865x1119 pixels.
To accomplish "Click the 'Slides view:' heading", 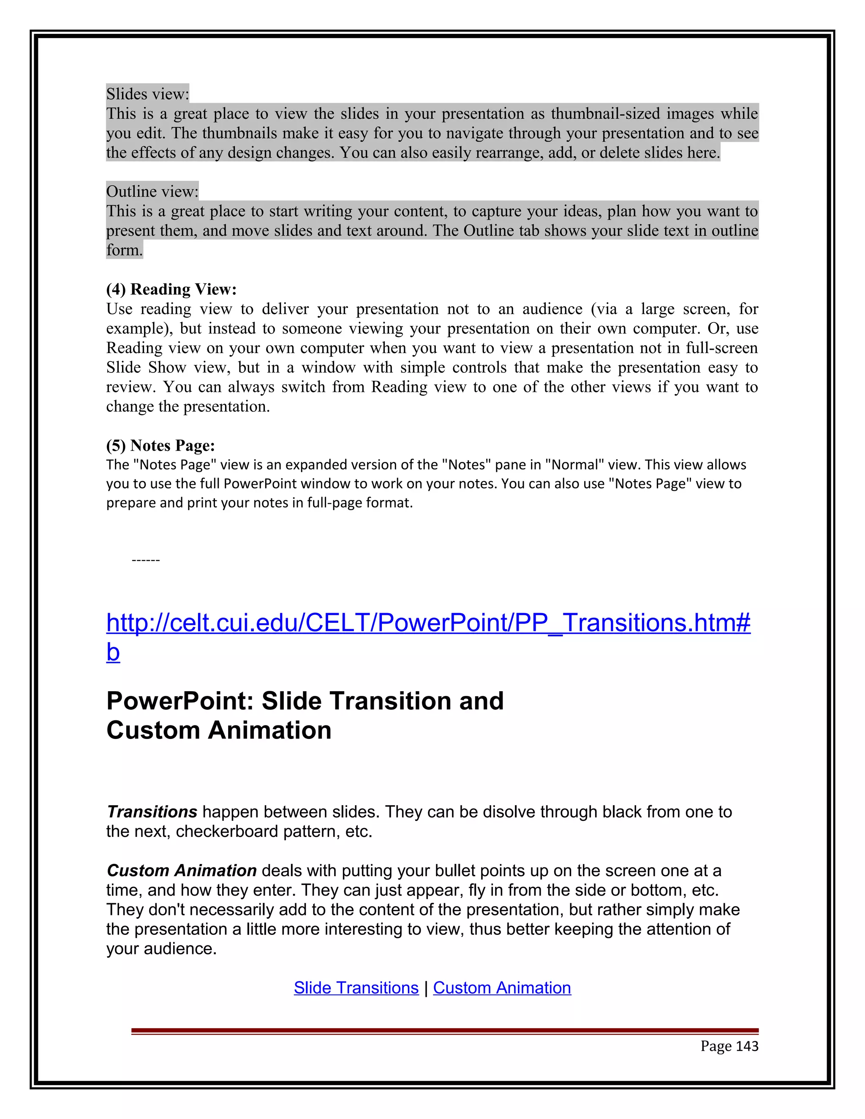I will (147, 94).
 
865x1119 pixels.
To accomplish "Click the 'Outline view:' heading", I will (152, 192).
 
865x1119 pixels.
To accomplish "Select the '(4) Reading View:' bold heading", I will (171, 290).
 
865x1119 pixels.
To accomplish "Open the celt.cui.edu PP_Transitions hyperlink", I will (428, 623).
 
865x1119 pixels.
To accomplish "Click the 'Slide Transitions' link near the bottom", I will (356, 988).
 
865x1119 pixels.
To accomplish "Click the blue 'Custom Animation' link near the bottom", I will (502, 988).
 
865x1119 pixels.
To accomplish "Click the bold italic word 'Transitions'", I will (152, 812).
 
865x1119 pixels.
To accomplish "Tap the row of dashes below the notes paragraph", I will (146, 560).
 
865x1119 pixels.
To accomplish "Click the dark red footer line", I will (444, 1030).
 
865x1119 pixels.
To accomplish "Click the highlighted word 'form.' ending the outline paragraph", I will (124, 250).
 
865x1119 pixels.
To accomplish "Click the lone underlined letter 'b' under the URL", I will (113, 653).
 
